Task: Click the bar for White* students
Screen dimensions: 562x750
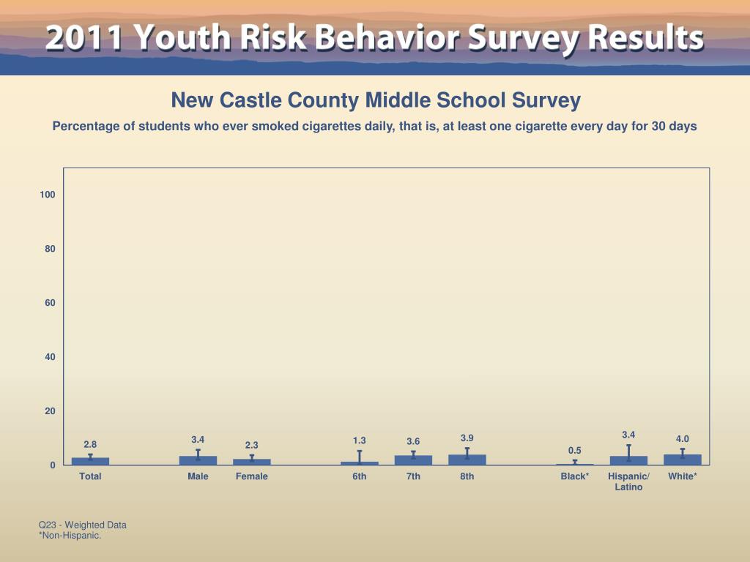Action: pos(683,460)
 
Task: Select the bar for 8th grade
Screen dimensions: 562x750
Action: pos(467,460)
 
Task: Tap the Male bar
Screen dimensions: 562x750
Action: pos(198,460)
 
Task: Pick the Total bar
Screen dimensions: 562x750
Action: pos(90,461)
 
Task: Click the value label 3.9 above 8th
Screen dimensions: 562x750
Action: pos(467,438)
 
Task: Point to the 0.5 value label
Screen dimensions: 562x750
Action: pos(575,450)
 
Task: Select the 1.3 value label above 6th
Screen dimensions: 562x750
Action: pos(360,441)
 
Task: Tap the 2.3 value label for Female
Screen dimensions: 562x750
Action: pos(252,445)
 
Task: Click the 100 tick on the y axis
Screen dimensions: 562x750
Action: pos(48,195)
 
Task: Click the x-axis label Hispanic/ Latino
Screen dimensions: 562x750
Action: pos(628,482)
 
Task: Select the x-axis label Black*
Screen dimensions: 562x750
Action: pos(575,476)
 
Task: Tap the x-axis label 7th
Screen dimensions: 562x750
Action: pos(414,476)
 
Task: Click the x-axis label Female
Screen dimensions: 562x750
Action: pos(252,476)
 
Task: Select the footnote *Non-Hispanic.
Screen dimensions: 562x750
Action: pos(70,536)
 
